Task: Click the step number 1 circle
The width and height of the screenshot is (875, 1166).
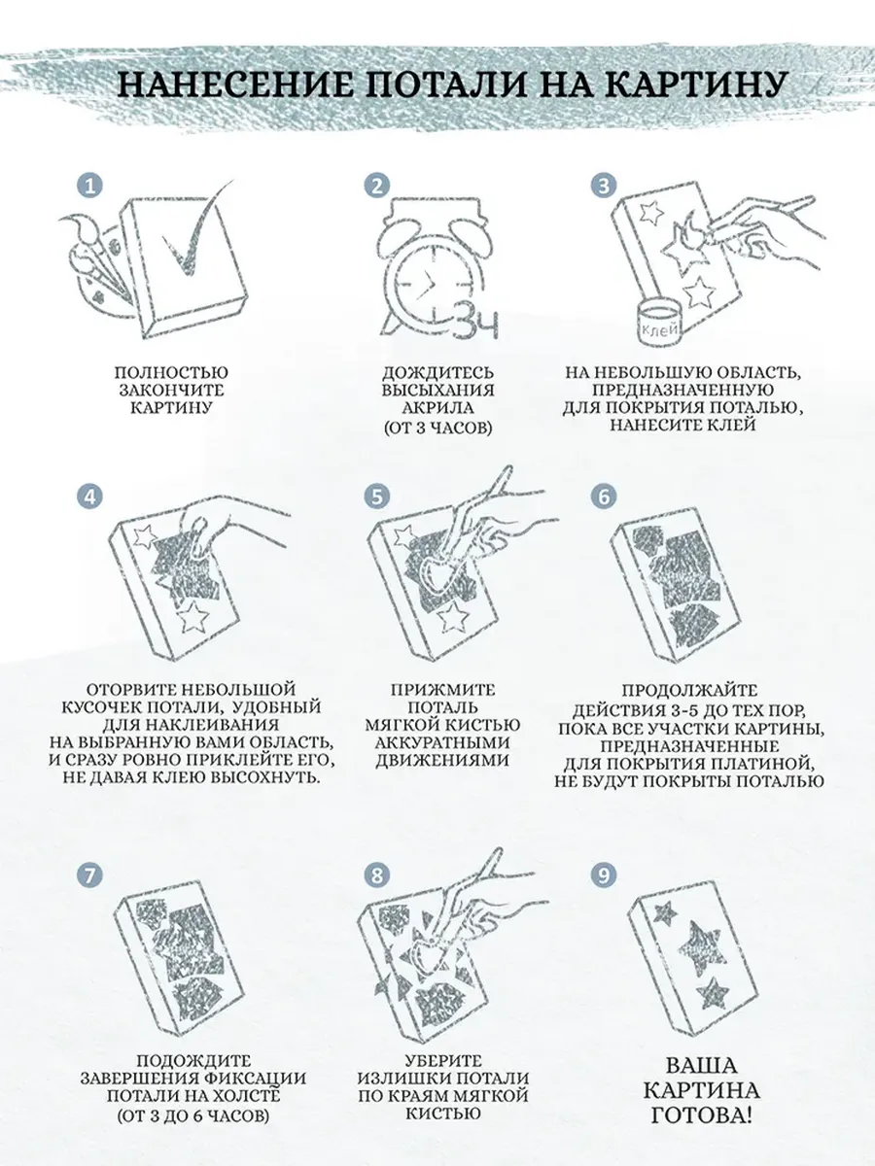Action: pos(89,186)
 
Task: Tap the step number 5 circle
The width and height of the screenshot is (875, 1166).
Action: pos(376,497)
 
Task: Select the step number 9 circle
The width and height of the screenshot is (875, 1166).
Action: pos(604,874)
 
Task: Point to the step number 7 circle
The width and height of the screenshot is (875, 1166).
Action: pos(89,874)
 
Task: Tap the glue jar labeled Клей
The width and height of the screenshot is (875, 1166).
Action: pos(659,323)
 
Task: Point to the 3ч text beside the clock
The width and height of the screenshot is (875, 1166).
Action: pos(477,321)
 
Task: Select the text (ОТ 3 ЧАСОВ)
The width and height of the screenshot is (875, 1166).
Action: pos(438,427)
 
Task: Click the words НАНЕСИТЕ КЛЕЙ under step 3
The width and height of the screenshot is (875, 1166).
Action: pos(682,425)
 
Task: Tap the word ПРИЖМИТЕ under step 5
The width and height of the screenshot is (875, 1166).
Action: pos(443,690)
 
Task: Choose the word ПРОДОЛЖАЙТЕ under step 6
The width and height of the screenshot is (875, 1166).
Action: pos(689,691)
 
